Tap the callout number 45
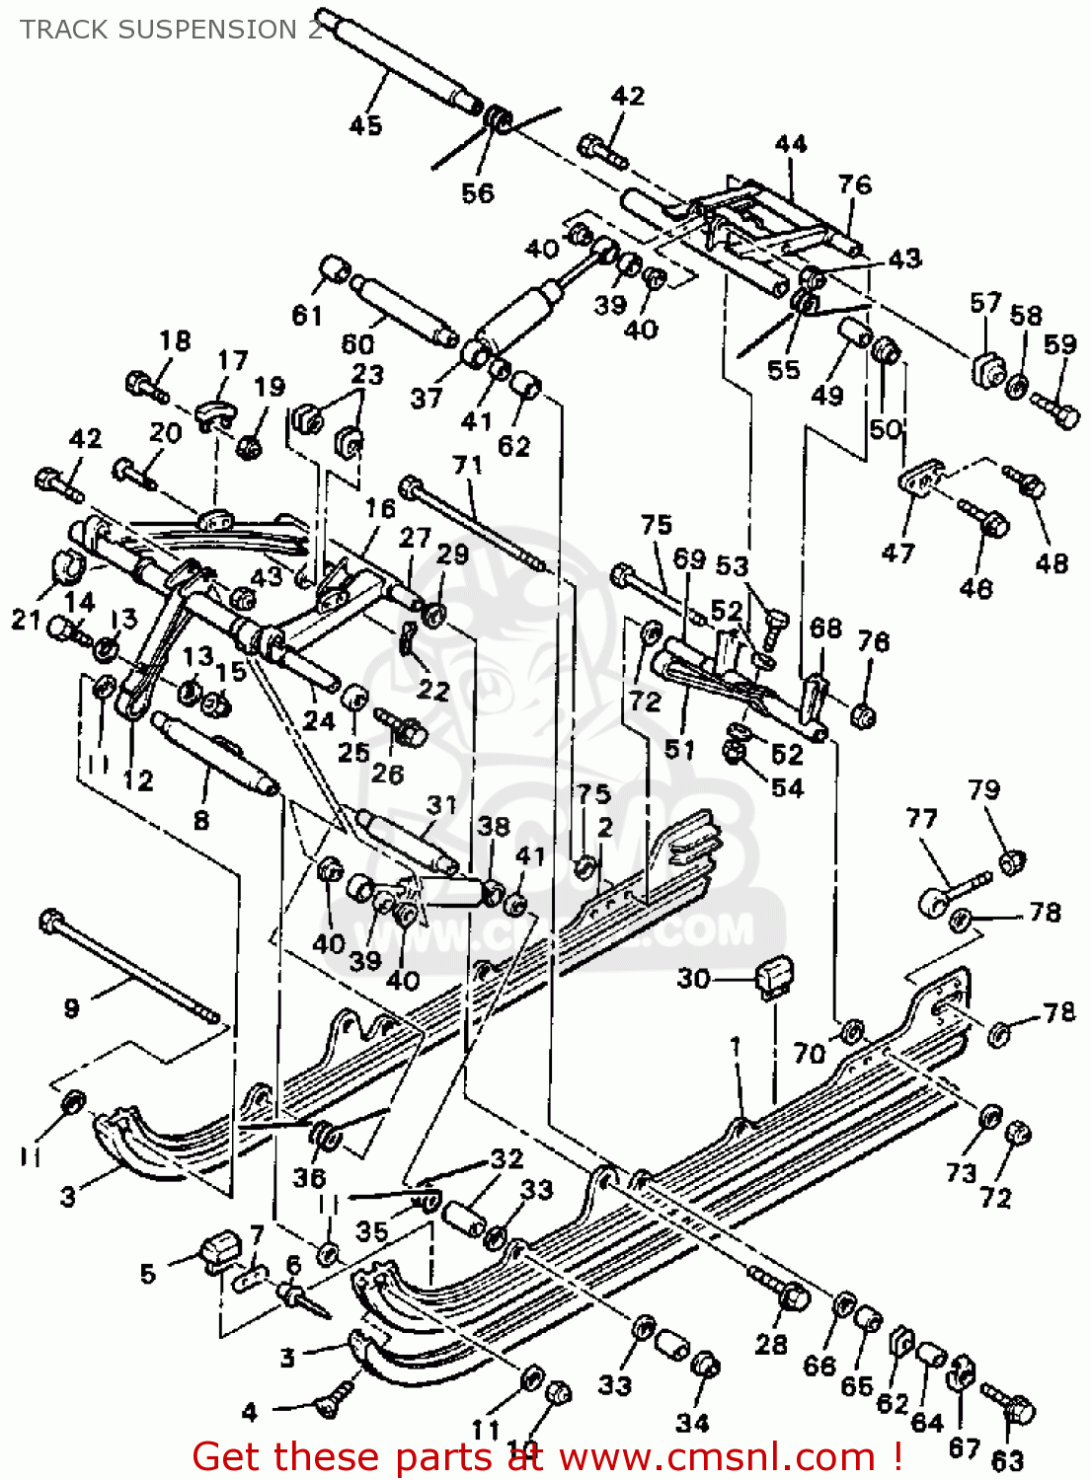coord(365,125)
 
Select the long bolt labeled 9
coord(128,967)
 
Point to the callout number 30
coord(694,978)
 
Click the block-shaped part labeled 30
coord(774,976)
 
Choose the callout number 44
coord(791,144)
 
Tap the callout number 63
coord(1007,1459)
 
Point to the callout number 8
coord(201,820)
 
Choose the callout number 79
coord(983,789)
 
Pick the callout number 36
coord(309,1177)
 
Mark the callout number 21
coord(26,619)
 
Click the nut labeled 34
coord(705,1367)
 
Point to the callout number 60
coord(357,343)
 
